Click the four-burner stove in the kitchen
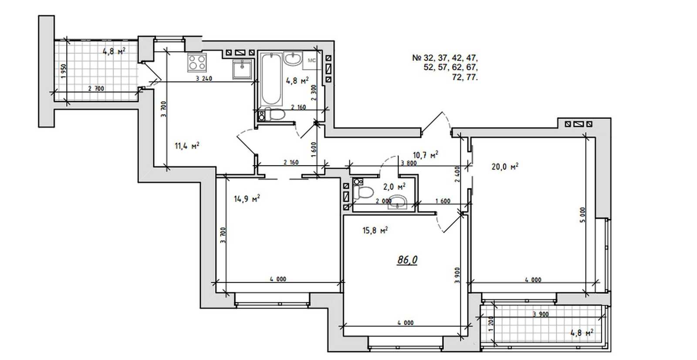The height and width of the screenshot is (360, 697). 196,63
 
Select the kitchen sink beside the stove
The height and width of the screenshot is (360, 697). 242,69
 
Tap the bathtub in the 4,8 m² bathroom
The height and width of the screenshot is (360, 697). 271,79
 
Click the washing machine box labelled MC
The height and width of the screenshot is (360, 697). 312,61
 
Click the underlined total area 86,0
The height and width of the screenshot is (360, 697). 407,260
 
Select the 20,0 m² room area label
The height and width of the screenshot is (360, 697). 505,166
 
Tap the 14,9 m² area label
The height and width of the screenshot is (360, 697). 247,198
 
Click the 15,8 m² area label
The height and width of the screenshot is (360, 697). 375,230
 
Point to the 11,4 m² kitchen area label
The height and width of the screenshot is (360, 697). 187,146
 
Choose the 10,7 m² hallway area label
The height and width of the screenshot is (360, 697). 425,155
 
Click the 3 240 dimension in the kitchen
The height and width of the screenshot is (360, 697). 204,78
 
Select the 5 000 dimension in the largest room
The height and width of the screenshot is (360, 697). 583,215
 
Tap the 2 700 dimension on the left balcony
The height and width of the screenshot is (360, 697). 96,88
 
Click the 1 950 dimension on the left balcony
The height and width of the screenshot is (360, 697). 64,71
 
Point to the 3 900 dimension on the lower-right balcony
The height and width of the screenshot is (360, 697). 541,314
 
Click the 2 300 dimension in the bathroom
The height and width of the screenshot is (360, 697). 314,92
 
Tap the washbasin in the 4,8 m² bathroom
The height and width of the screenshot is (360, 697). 293,59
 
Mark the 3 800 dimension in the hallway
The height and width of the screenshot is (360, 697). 409,163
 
